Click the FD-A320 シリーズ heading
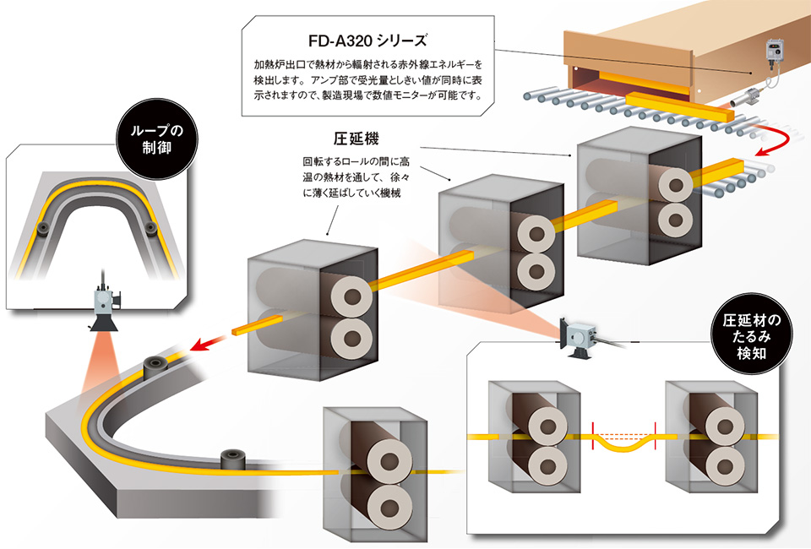367,41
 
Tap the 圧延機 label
357,139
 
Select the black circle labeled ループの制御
157,139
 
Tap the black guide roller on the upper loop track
155,367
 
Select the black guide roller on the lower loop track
233,460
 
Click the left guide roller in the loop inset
43,227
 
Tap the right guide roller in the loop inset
150,227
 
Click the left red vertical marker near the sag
593,435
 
